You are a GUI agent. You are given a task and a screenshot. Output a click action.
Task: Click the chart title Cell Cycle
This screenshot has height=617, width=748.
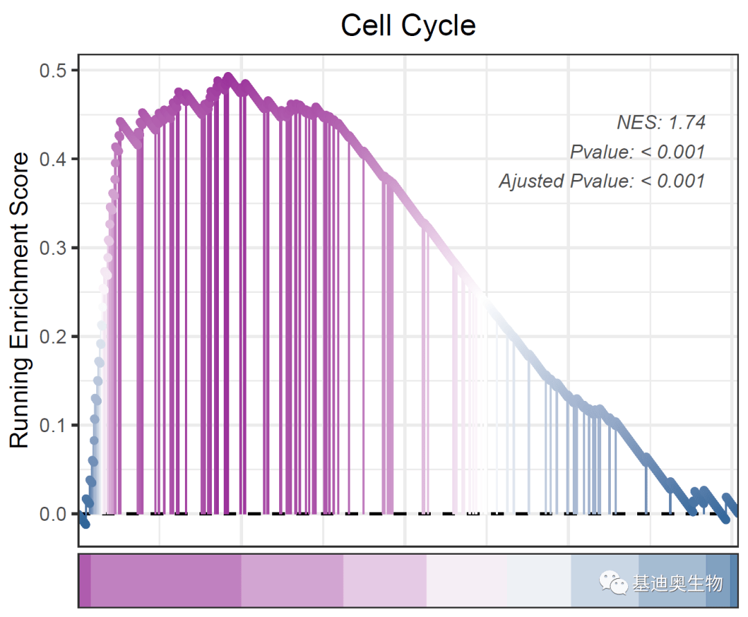408,26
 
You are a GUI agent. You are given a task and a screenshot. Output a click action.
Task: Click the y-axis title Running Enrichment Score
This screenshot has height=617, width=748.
20,300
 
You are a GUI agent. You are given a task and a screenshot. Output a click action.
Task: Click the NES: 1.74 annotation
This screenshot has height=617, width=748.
661,123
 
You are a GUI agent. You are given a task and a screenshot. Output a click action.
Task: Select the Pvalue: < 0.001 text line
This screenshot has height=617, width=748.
637,152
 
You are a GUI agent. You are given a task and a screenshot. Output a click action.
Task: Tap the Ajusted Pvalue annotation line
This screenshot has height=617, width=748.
601,181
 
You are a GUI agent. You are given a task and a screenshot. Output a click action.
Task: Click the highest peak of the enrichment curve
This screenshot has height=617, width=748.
228,78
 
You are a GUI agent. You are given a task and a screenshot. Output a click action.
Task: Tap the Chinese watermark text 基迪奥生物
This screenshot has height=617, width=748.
677,584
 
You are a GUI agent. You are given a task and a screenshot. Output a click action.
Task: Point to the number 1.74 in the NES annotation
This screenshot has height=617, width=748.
686,123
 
